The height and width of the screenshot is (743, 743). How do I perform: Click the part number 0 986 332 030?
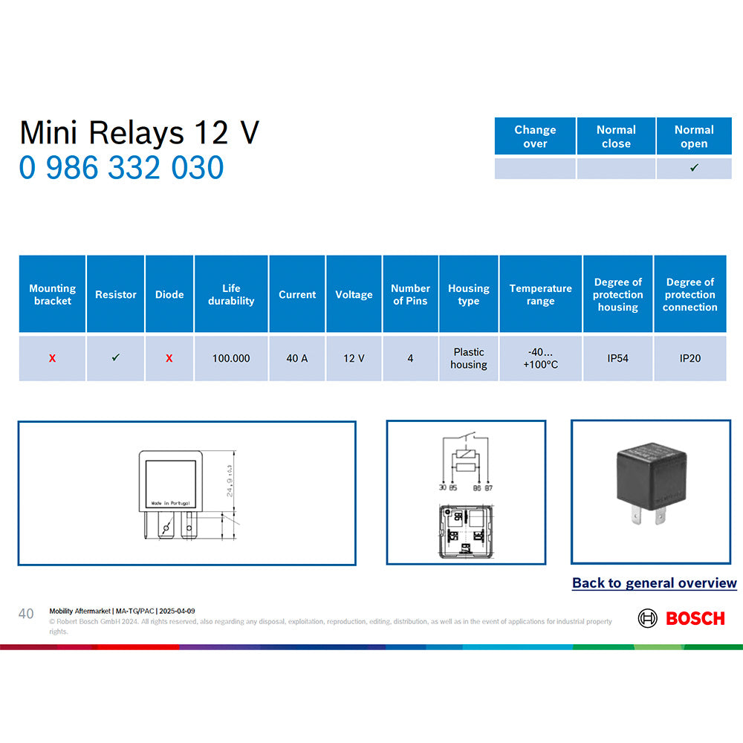tap(121, 168)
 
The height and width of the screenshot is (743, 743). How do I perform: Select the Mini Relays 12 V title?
tap(139, 132)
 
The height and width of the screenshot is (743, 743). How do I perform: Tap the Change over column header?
tap(535, 137)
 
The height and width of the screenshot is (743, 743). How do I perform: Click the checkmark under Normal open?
tap(694, 169)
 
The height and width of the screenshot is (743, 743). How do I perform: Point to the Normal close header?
tap(616, 137)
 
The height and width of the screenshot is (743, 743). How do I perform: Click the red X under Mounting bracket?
tap(52, 358)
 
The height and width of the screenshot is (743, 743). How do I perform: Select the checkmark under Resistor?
tap(116, 357)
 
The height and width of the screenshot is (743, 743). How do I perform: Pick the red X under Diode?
tap(169, 358)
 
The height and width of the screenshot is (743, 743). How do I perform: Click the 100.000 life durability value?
tap(231, 358)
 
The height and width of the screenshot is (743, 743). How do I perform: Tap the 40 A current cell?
tap(297, 358)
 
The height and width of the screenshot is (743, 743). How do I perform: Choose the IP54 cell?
tap(617, 358)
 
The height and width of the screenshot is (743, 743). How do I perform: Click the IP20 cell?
tap(690, 358)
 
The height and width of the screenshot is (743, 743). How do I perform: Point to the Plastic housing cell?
tap(469, 358)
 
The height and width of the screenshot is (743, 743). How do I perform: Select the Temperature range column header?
tap(541, 294)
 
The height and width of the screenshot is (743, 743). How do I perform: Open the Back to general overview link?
tap(654, 583)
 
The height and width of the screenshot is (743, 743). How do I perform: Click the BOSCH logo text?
tap(695, 618)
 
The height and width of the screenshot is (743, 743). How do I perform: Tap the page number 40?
tap(26, 614)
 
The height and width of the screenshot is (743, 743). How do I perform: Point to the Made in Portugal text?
tap(170, 503)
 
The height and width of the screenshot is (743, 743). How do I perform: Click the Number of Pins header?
tap(410, 294)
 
